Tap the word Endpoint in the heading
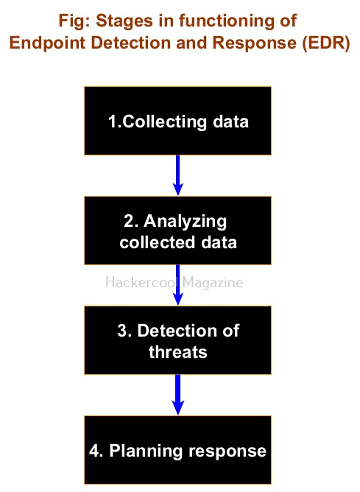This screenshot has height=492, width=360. tap(47, 43)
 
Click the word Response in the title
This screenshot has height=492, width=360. tap(254, 43)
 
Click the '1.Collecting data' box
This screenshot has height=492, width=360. tap(178, 121)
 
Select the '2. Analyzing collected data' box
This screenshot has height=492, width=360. tap(178, 231)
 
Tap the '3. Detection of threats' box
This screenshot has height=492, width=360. tap(178, 340)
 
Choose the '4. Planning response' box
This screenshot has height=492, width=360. tap(178, 450)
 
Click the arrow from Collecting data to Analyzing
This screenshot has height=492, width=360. tap(178, 175)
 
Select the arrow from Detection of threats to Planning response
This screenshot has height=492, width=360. tap(178, 395)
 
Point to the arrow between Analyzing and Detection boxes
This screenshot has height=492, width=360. tap(178, 285)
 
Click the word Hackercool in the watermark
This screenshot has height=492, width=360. tap(141, 282)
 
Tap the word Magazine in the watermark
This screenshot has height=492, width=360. tap(213, 283)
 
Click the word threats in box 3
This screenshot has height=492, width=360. tap(178, 352)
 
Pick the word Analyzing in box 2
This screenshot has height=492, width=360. tap(186, 222)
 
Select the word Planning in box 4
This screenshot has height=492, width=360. tap(146, 451)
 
